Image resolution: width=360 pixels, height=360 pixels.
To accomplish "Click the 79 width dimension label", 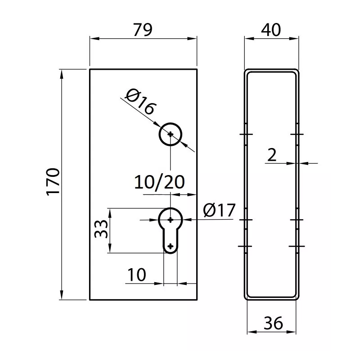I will [143, 29].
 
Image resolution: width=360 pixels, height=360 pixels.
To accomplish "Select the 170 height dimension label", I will [53, 182].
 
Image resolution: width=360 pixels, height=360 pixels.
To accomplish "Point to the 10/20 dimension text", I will [160, 182].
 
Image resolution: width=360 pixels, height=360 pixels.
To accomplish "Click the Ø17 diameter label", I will [219, 210].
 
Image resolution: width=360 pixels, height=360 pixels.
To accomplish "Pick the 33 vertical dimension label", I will [100, 229].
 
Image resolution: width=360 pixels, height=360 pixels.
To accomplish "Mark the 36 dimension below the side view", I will [273, 323].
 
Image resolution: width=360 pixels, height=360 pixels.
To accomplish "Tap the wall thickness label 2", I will [272, 155].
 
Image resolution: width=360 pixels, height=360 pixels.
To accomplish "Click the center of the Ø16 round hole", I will [171, 134].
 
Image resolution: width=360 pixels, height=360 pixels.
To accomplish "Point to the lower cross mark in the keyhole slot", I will [171, 246].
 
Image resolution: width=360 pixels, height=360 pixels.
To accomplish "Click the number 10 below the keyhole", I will [136, 274].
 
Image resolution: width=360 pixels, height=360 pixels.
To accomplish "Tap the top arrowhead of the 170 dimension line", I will [62, 72].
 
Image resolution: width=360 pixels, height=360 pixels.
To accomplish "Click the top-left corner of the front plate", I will [90, 69].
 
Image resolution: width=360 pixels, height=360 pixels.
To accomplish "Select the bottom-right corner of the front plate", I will [197, 300].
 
